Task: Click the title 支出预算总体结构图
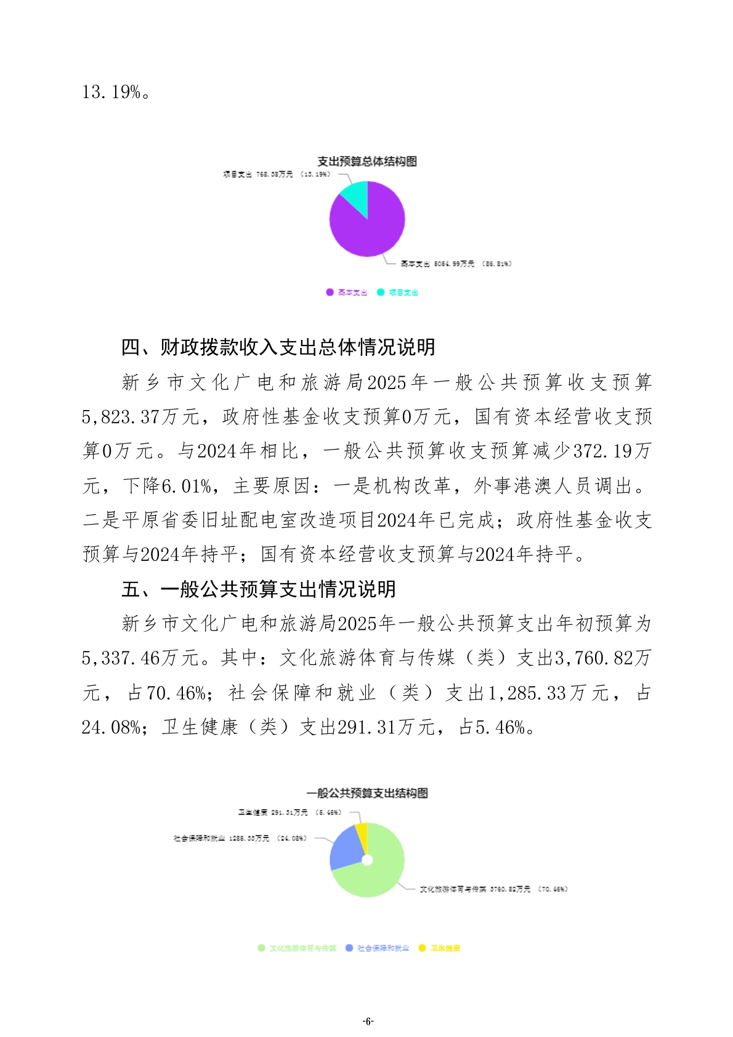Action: (367, 161)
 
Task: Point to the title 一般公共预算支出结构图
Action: (367, 793)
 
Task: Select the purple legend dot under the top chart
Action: (330, 293)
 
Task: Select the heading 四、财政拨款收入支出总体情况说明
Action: (278, 347)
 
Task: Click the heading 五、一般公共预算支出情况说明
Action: (259, 589)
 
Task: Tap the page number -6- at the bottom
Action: (367, 1022)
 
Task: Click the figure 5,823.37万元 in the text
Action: (140, 418)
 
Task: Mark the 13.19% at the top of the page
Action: (115, 92)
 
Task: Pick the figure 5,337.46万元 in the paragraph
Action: (140, 659)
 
